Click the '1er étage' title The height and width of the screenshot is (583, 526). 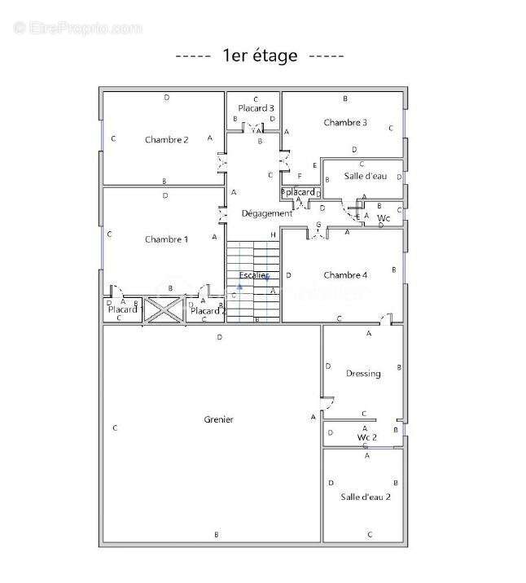tap(260, 55)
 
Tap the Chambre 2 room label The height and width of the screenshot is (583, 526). tap(167, 139)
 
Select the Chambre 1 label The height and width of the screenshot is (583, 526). tap(166, 239)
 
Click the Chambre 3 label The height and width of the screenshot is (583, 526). tap(345, 123)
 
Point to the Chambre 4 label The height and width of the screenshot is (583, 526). tap(345, 275)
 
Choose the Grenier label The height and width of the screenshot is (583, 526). tap(218, 419)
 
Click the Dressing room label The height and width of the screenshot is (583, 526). tap(363, 374)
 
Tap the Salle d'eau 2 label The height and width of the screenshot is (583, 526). tap(366, 497)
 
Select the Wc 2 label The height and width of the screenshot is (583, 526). tap(367, 437)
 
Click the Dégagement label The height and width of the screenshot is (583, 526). tap(266, 213)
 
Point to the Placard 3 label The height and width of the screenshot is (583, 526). tap(256, 108)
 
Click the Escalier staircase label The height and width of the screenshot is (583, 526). tap(254, 276)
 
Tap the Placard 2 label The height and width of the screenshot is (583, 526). tap(208, 310)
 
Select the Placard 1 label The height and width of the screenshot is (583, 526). tap(125, 309)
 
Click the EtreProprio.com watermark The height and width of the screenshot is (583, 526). tap(78, 28)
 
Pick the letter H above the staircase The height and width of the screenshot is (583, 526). tap(274, 235)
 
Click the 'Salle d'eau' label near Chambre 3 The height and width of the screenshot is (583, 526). tap(365, 176)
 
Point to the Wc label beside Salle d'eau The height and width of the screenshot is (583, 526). tap(384, 218)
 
